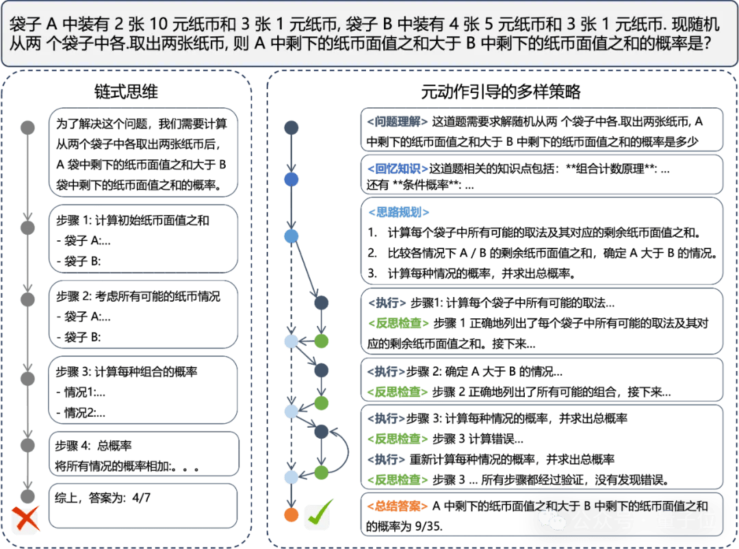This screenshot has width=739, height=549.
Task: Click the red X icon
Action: coord(26,518)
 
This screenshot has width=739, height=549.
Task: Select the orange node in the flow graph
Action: coord(291,514)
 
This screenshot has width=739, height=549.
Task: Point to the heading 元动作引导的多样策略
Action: coord(501,92)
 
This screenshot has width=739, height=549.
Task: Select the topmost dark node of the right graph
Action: coord(291,128)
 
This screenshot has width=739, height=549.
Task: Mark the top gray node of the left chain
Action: coord(27,127)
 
